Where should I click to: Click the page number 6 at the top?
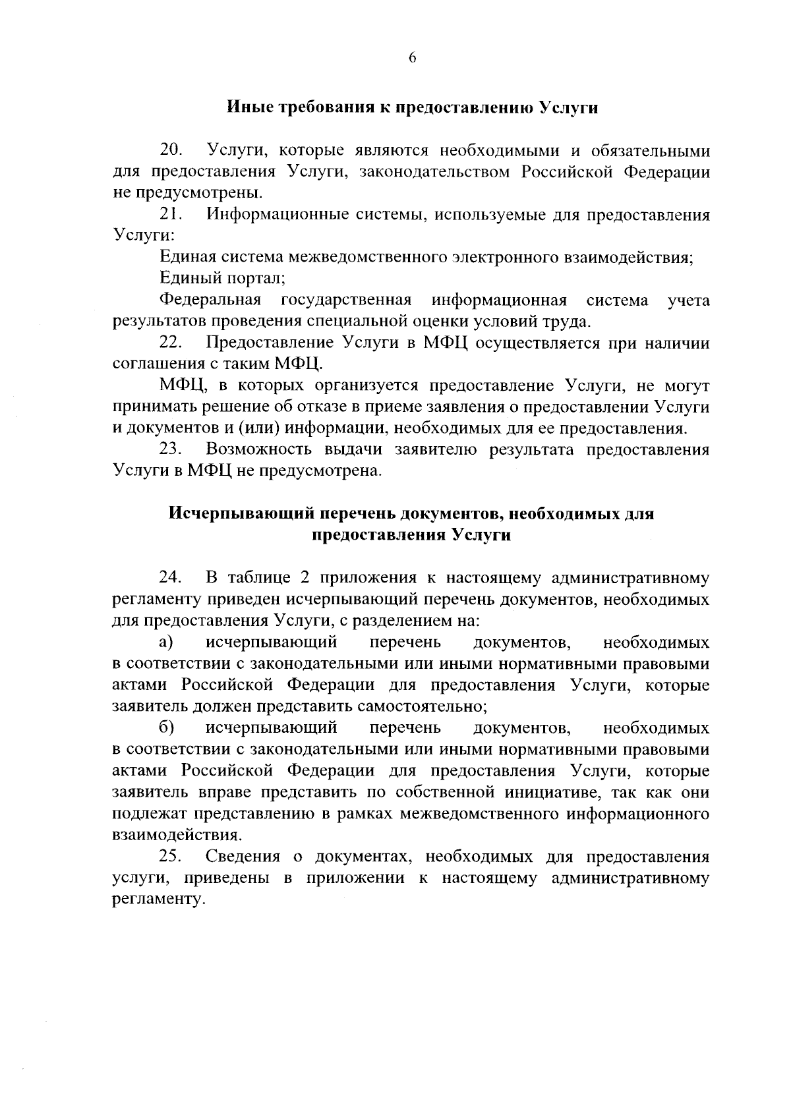[x=412, y=58]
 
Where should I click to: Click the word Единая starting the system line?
[x=187, y=258]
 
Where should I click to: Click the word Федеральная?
[x=210, y=300]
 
